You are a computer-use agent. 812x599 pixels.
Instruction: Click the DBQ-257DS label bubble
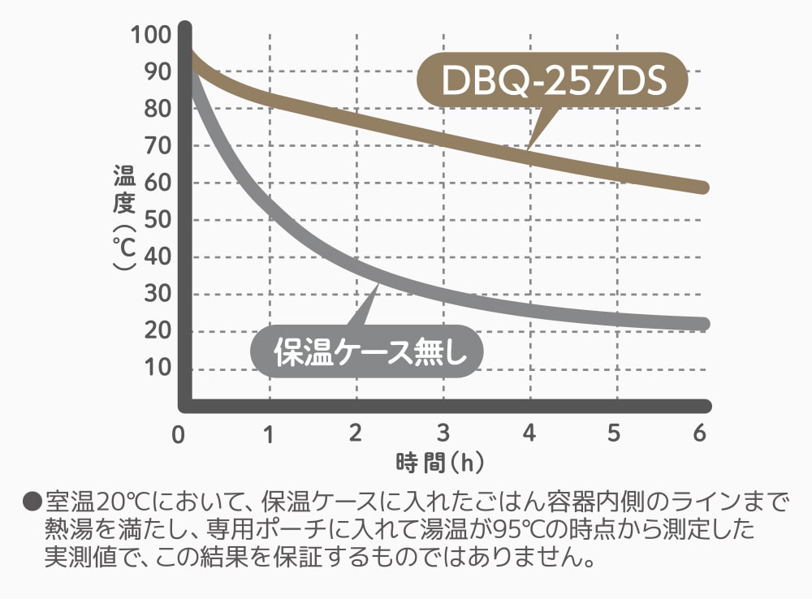point(552,81)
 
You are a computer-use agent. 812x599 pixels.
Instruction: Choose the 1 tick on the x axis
point(268,433)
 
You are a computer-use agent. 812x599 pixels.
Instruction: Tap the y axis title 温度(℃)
point(124,219)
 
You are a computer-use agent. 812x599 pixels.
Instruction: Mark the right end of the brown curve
point(703,187)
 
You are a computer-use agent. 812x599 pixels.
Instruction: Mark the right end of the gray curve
point(703,324)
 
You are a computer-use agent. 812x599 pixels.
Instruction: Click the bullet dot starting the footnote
point(32,501)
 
